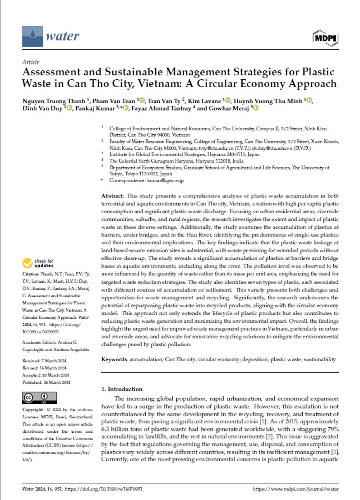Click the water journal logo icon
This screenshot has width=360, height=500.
click(30, 35)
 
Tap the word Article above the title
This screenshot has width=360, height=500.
click(30, 62)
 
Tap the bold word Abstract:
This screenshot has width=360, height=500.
click(112, 197)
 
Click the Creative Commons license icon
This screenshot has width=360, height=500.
click(40, 398)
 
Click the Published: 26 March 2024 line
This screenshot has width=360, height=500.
click(46, 382)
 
